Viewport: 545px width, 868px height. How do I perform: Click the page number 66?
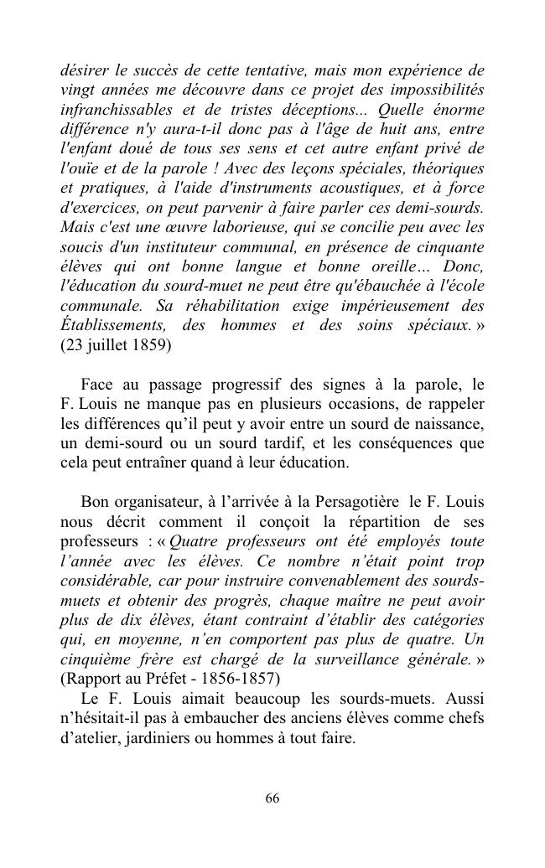[272, 798]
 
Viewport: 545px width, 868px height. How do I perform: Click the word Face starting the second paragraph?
[97, 385]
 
